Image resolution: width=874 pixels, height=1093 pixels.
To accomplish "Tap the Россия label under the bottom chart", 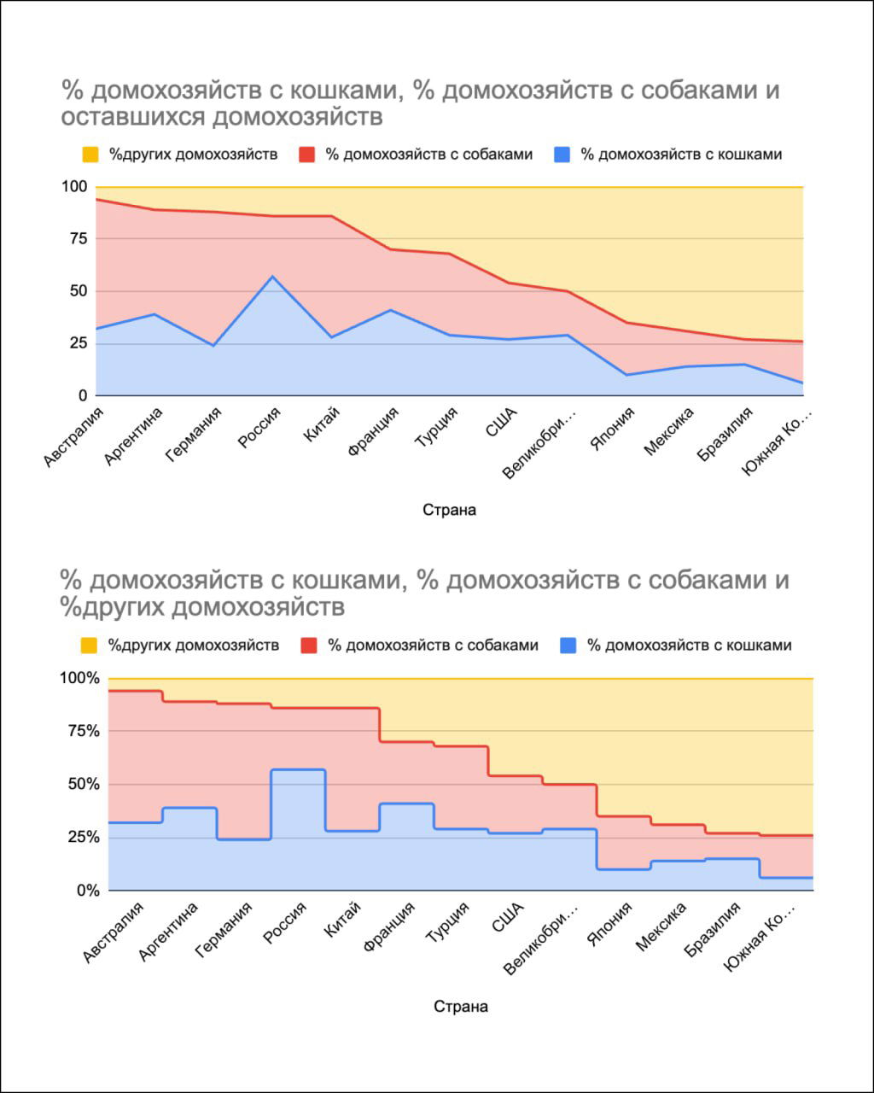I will tap(285, 922).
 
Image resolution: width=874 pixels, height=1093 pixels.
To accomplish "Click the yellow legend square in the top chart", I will tap(91, 155).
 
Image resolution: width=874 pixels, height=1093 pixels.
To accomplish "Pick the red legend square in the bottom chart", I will tap(308, 646).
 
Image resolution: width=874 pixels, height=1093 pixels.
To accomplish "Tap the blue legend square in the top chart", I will tap(562, 155).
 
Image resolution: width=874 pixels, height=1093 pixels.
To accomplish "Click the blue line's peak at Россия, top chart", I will tap(272, 276).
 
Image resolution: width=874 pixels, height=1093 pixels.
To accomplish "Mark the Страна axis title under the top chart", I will tap(449, 510).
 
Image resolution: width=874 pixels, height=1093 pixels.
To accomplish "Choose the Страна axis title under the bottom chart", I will tap(461, 1006).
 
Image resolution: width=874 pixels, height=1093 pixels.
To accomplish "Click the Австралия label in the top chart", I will tap(72, 437).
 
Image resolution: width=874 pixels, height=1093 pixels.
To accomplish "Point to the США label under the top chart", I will tap(497, 422).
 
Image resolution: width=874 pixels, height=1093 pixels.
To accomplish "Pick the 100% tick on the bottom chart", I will tap(79, 678).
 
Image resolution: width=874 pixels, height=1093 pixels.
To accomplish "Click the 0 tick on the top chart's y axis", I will tap(83, 395).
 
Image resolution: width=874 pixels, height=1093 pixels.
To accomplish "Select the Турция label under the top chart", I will tap(436, 427).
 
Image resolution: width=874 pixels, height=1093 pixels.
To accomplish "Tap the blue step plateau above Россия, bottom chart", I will tap(298, 769).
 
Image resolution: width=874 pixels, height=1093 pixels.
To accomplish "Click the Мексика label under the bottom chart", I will tap(661, 928).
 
